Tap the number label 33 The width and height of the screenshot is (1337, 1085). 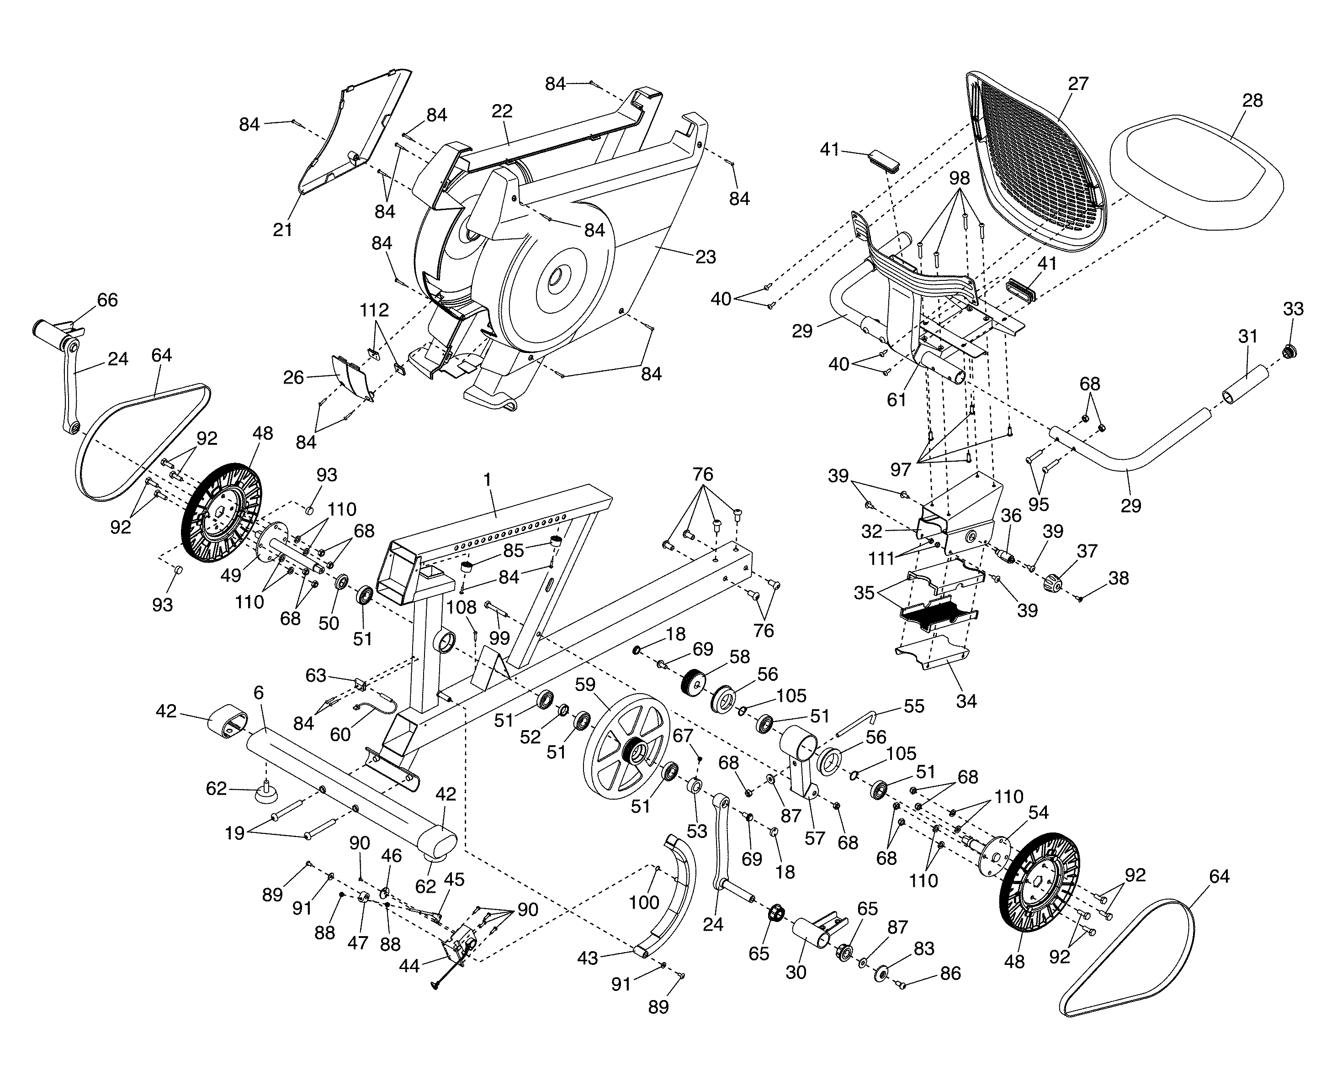1293,309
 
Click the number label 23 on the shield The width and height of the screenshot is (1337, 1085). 706,257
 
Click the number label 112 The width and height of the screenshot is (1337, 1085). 374,310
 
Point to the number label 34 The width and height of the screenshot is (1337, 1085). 966,701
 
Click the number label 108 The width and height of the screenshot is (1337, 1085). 462,607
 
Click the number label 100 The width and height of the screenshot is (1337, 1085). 644,902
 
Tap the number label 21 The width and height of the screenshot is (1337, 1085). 283,230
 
